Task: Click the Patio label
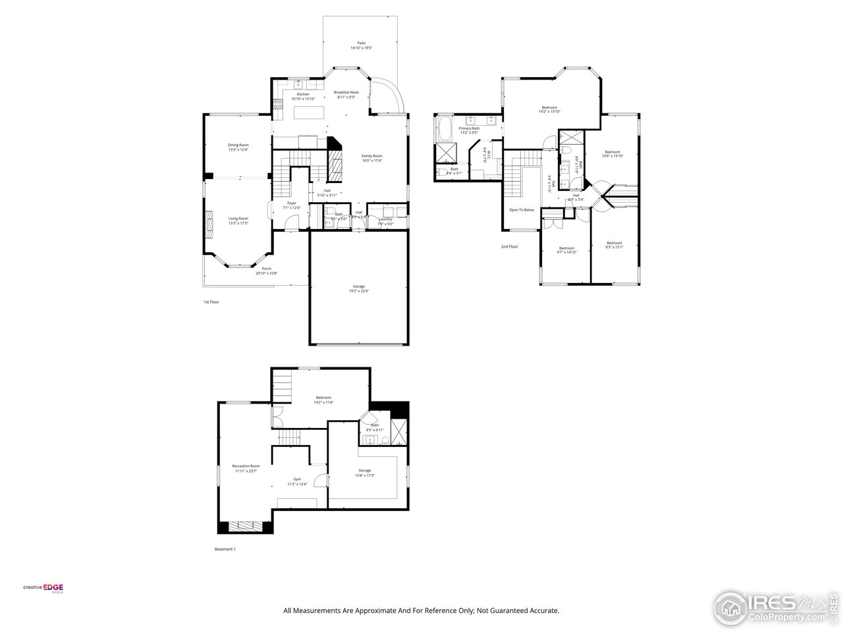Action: [361, 43]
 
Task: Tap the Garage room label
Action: [359, 286]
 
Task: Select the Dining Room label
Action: [238, 145]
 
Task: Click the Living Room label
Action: [238, 219]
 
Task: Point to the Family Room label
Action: [372, 156]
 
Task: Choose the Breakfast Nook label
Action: [346, 92]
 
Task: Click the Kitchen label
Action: [303, 94]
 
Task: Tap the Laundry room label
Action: [385, 219]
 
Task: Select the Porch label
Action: [267, 269]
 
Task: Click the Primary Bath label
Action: [470, 128]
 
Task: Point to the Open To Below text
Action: [522, 210]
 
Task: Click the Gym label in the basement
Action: [297, 479]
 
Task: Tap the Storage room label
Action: [365, 471]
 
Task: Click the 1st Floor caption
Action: [211, 302]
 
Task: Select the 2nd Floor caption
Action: [509, 246]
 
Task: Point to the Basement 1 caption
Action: [225, 549]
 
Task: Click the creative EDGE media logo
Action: [43, 588]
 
